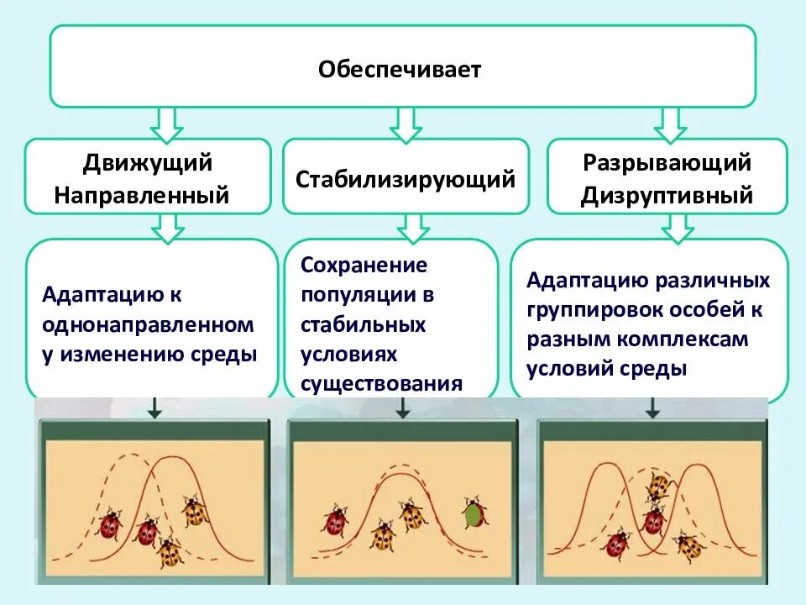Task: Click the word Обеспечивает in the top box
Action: tap(400, 69)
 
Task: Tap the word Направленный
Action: tap(142, 196)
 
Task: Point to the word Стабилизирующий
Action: tap(406, 179)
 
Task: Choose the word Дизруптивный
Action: tap(667, 197)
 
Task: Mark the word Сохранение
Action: tap(364, 266)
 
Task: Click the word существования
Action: tap(382, 384)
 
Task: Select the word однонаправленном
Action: tap(147, 324)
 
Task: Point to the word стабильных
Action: tap(364, 324)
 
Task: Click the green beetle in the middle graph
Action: tap(474, 513)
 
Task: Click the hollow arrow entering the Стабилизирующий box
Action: tap(407, 124)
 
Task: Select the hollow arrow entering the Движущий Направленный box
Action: tap(167, 124)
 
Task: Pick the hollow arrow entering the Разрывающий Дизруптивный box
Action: tap(671, 124)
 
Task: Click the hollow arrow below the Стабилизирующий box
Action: tap(412, 227)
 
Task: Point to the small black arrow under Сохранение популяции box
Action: tap(403, 408)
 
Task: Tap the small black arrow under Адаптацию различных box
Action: tap(652, 408)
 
